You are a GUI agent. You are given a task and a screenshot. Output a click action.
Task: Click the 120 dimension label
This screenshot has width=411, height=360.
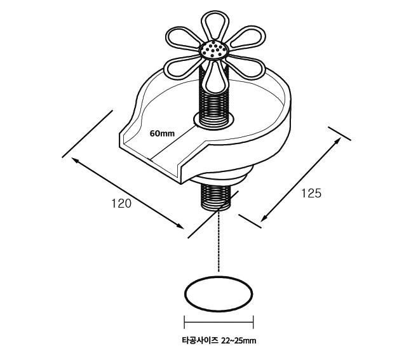pyautogui.click(x=121, y=204)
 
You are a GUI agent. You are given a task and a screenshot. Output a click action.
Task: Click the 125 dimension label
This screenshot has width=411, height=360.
pyautogui.click(x=311, y=194)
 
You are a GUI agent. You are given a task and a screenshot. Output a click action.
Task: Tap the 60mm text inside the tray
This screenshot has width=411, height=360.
pyautogui.click(x=162, y=133)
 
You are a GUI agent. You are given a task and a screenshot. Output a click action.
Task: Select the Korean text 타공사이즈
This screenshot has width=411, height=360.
pyautogui.click(x=200, y=340)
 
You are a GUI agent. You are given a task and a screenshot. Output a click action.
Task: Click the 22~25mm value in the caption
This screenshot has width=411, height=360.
pyautogui.click(x=238, y=341)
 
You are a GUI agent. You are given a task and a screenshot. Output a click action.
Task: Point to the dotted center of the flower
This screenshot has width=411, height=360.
pyautogui.click(x=215, y=50)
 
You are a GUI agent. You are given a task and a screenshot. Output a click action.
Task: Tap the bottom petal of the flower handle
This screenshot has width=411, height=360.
pyautogui.click(x=215, y=76)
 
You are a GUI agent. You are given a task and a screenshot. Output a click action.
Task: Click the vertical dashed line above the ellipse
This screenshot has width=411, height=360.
pyautogui.click(x=219, y=241)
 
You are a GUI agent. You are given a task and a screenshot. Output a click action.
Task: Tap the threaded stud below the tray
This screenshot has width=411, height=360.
pyautogui.click(x=215, y=196)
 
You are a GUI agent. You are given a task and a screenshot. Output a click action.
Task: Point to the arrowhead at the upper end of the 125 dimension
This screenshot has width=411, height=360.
pyautogui.click(x=338, y=140)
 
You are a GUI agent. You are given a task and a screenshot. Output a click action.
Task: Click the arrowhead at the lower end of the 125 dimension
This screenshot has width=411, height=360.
pyautogui.click(x=264, y=218)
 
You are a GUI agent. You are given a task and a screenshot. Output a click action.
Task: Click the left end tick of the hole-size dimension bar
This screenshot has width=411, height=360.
pyautogui.click(x=184, y=322)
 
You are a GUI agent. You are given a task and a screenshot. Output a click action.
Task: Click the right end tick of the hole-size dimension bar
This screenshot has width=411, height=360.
pyautogui.click(x=253, y=322)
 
